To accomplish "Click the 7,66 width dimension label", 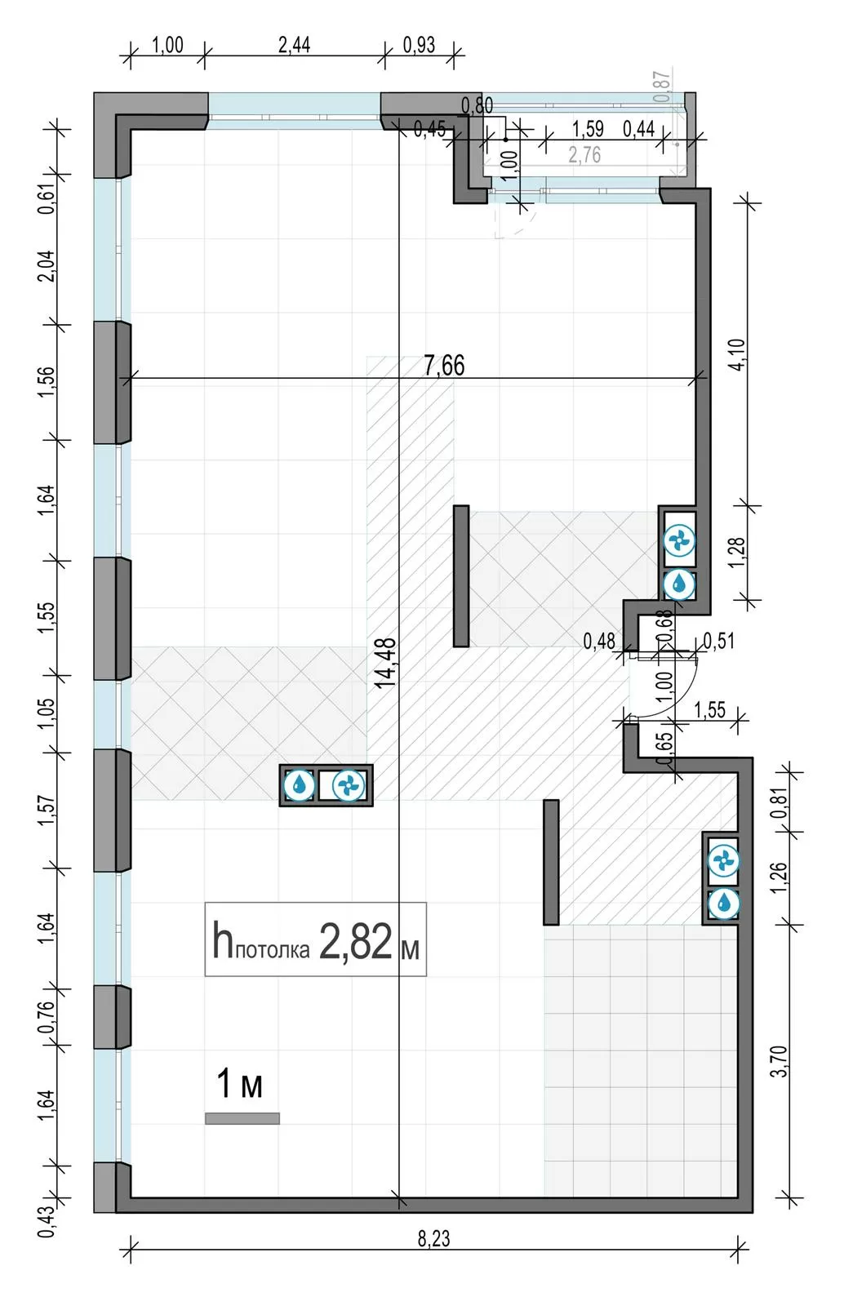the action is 444,366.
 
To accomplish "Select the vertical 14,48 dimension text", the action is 385,663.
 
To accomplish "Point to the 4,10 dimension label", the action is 737,354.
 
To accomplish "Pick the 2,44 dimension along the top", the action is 295,45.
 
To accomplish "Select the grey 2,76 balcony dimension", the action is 584,155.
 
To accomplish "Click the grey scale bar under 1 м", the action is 242,1117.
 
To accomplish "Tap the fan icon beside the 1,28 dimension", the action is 680,541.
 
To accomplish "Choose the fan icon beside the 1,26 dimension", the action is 723,860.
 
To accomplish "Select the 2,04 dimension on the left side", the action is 48,266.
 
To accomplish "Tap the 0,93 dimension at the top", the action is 419,45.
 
